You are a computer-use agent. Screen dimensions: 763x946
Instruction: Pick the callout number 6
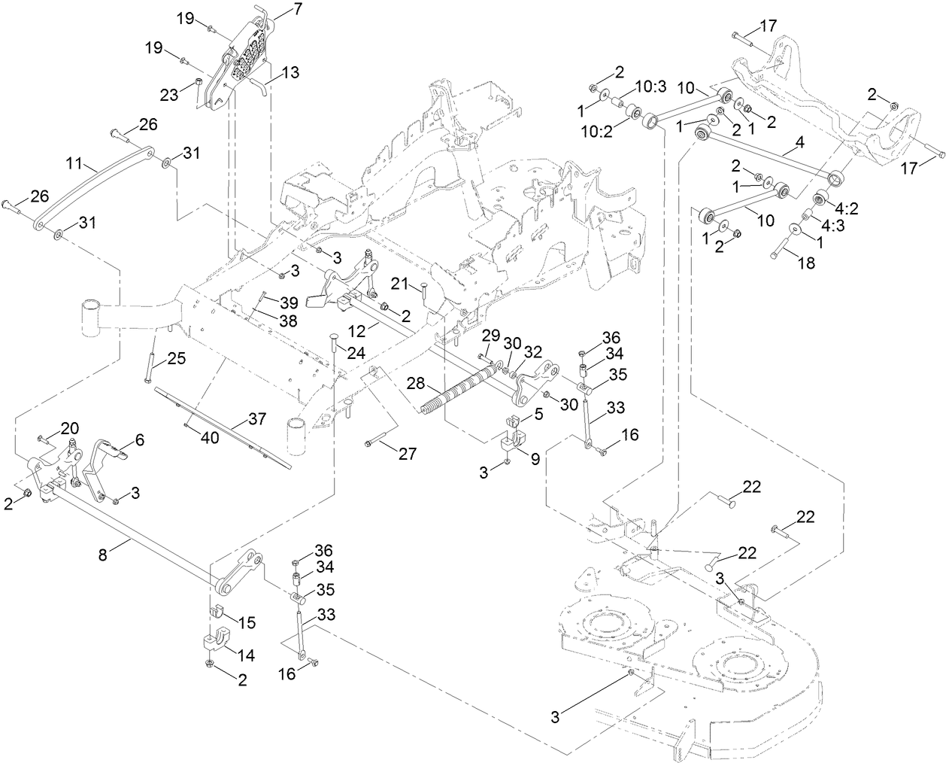pyautogui.click(x=140, y=439)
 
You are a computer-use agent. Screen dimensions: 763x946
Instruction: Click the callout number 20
pyautogui.click(x=69, y=427)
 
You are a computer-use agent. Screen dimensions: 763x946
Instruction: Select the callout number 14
pyautogui.click(x=246, y=656)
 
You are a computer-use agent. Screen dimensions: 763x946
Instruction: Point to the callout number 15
pyautogui.click(x=247, y=623)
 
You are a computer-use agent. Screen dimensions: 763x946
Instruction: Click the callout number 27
pyautogui.click(x=407, y=453)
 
